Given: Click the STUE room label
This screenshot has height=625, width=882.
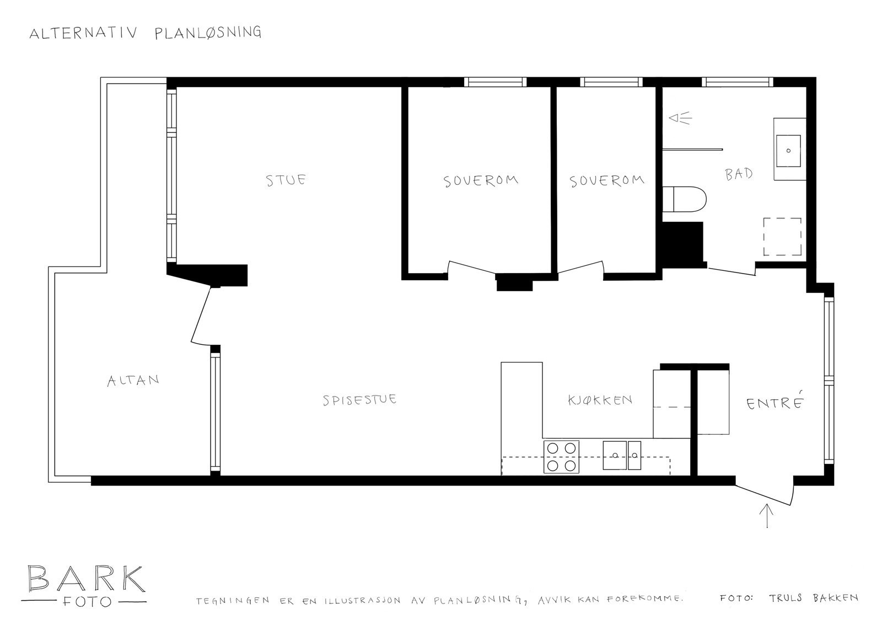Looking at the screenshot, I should point(286,180).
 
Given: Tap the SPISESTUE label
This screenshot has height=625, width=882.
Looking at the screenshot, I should point(359,399).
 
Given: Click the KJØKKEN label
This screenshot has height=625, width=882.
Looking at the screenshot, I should point(600,399).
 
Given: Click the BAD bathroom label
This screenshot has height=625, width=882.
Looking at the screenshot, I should point(739,174).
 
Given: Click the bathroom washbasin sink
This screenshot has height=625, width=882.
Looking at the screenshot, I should point(789,149).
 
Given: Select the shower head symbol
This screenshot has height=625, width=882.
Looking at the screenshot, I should point(679,118).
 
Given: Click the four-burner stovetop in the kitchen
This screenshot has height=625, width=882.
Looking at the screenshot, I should point(562,457).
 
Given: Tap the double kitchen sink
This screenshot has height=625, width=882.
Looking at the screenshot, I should point(622,455).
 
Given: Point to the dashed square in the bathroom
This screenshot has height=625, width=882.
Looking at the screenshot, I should point(782,236).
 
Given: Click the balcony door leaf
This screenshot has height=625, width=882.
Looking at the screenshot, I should point(201,316).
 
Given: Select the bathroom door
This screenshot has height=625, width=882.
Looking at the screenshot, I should point(731,271).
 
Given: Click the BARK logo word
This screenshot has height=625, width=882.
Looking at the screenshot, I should point(85,578).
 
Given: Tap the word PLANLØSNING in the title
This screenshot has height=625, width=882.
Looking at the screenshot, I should point(208,33).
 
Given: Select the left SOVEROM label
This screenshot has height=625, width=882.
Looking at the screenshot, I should point(481,181).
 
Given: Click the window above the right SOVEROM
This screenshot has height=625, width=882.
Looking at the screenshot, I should point(611,82).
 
